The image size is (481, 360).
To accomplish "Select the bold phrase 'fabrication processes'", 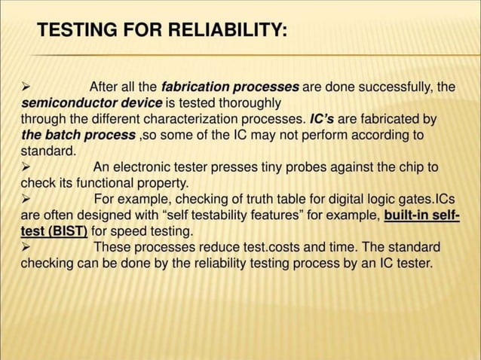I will coord(231,87).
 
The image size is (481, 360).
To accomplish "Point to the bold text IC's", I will coord(323,119).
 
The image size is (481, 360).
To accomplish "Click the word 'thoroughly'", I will coord(244,102).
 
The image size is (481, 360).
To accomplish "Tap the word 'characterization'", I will coord(187,119).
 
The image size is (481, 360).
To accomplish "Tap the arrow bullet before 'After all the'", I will coord(26,87).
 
